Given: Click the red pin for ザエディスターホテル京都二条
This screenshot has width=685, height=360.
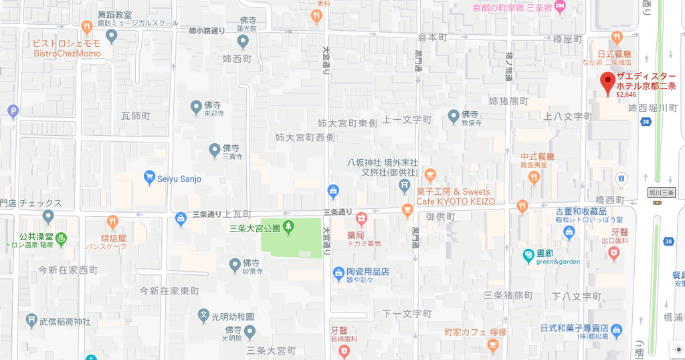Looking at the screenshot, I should click(607, 82).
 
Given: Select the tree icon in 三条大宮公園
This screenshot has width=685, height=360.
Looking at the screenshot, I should click(289, 227).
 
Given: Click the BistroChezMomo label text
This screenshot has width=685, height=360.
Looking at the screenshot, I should click(67, 54).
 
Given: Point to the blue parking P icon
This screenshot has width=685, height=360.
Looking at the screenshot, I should click(13, 112).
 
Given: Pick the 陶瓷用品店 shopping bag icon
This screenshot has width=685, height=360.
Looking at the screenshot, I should click(338, 273).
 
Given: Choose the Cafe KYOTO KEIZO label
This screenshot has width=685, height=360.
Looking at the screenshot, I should click(456, 201).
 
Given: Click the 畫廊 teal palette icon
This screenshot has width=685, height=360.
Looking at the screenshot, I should click(528, 255).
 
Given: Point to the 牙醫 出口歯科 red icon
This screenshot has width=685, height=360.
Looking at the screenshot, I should click(614, 253).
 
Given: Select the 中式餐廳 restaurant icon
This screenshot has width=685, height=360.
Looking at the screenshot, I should click(533, 177).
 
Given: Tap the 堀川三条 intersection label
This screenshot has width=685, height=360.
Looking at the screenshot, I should click(663, 193).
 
